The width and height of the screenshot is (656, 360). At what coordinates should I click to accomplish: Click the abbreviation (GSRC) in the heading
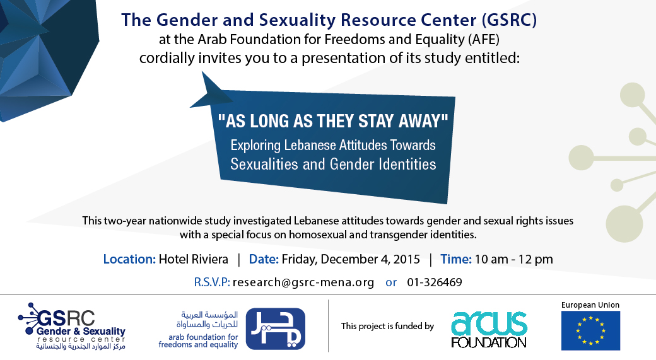pos(509,20)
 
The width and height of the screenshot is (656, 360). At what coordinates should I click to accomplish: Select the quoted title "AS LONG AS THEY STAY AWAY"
pos(333,121)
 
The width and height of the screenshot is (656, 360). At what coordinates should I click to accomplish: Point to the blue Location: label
pos(129,259)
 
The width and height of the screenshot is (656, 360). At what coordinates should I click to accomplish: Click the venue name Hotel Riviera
pos(193,259)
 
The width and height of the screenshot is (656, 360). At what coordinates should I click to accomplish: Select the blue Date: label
pos(264,259)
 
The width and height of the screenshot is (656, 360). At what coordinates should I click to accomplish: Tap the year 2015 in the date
pos(406,259)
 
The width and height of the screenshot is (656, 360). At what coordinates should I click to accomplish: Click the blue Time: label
pos(455,259)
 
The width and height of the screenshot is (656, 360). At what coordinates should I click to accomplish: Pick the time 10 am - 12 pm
pos(513,259)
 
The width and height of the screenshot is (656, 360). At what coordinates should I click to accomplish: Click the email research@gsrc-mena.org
pos(303,282)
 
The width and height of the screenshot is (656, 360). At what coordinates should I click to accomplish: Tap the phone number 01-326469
pos(434,282)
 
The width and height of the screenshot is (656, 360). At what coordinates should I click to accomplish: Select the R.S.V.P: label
pos(212,282)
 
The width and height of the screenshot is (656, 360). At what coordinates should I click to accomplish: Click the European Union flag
pos(590,330)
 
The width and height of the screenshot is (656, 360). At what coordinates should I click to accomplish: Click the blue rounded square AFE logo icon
pos(275,328)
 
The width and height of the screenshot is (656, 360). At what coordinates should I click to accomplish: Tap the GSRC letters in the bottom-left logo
pos(66,318)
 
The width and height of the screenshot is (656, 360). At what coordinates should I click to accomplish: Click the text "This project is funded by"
pos(387,326)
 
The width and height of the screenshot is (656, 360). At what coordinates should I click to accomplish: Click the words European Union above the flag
pos(590,305)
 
